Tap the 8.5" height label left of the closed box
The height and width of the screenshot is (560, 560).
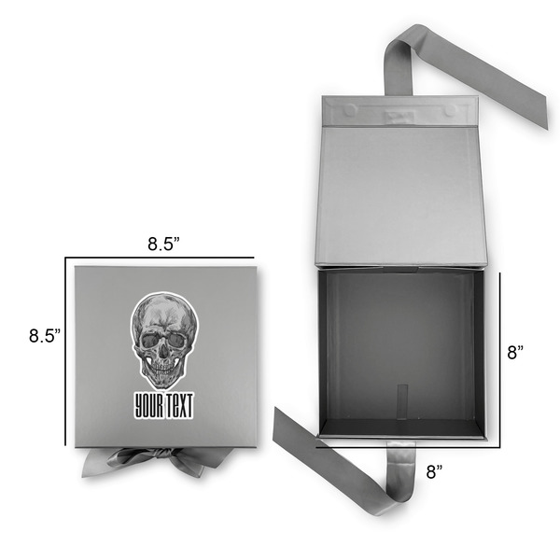click(44, 334)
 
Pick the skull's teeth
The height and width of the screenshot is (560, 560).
click(164, 374)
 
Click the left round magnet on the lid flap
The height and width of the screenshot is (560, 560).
click(349, 110)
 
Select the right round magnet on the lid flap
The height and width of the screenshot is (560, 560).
click(450, 110)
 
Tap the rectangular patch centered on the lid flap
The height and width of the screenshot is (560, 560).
click(399, 113)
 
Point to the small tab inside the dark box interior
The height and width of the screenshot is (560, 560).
click(401, 398)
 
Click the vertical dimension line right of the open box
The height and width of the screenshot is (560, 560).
click(500, 355)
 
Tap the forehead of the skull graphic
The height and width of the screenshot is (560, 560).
click(164, 314)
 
